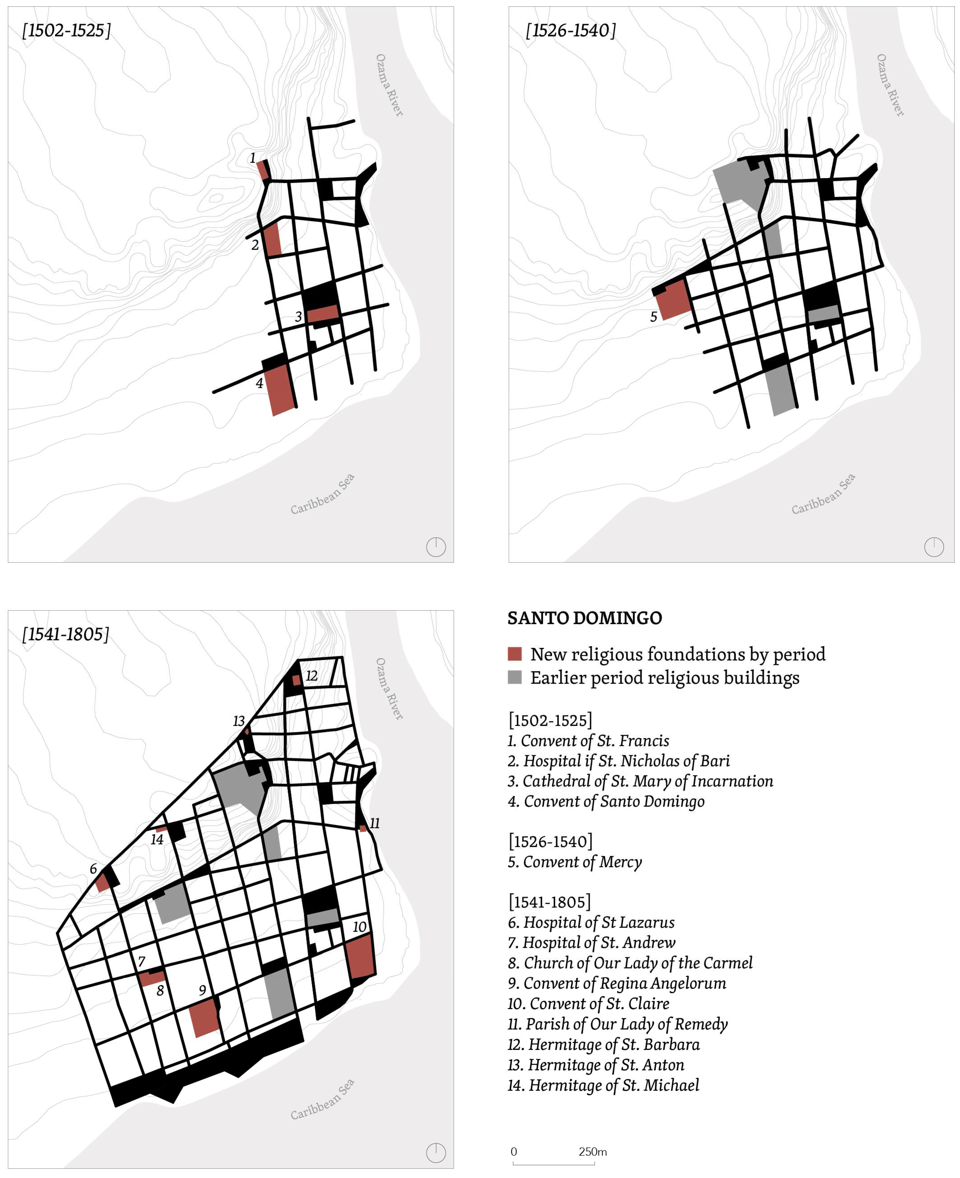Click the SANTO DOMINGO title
click(584, 618)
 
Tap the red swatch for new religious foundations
click(514, 654)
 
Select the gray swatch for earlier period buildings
click(514, 678)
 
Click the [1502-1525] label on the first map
click(66, 30)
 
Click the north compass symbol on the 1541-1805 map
click(436, 1153)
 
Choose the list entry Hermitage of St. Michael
click(603, 1085)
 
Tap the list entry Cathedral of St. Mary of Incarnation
click(640, 781)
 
